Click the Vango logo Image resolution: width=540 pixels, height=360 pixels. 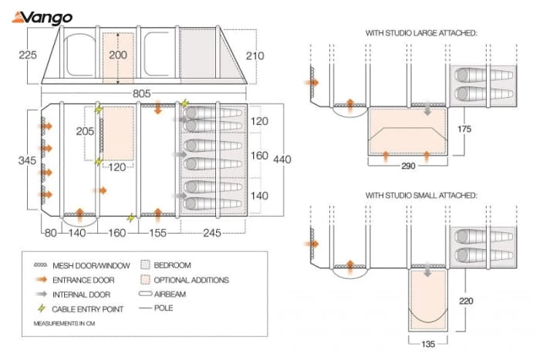tap(38, 17)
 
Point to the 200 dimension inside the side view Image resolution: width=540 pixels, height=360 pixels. tap(117, 55)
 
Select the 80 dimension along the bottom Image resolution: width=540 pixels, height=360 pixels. tap(51, 230)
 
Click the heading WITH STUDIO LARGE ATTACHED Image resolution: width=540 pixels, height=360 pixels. tap(421, 33)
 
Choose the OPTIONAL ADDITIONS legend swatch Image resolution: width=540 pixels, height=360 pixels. tap(148, 279)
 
